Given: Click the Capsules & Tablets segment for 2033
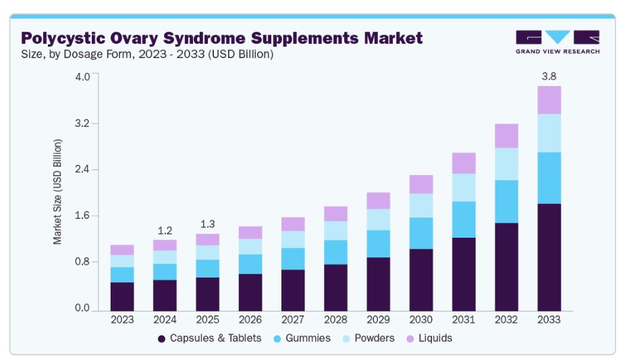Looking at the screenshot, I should point(549,257).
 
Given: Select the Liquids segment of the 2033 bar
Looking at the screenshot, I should point(549,100).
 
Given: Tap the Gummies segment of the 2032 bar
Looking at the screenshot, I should point(506,201).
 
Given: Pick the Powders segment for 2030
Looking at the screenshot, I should point(421,205).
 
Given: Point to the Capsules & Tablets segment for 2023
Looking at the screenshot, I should point(122,296).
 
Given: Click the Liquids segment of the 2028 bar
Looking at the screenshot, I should point(335,213).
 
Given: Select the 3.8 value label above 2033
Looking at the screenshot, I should point(549,76).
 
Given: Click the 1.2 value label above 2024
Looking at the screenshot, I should point(165,230).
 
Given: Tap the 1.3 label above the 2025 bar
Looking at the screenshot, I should point(207,224).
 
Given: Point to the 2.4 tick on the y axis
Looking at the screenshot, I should point(82,170).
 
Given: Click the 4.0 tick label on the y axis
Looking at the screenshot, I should point(82,76).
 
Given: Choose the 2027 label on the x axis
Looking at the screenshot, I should point(293,319).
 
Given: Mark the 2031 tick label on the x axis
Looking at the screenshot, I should point(464,319).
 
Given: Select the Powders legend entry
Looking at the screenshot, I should point(374,338).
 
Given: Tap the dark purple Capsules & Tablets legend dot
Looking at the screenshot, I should point(161,338).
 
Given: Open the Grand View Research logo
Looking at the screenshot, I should point(557,41).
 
